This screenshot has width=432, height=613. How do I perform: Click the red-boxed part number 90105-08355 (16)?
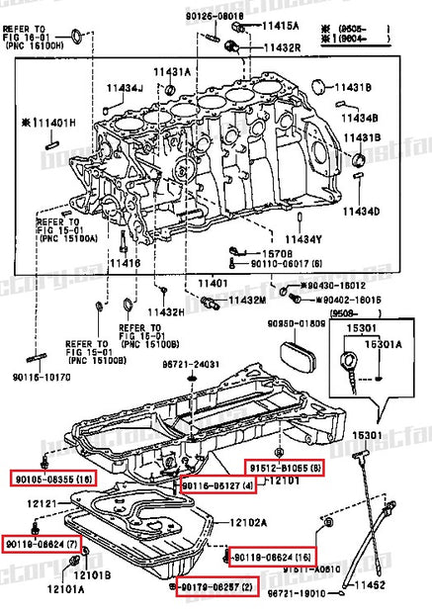pos(52,478)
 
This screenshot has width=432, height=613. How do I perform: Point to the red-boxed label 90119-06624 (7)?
pos(45,544)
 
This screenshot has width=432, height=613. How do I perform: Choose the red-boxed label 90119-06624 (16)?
pos(271,556)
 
